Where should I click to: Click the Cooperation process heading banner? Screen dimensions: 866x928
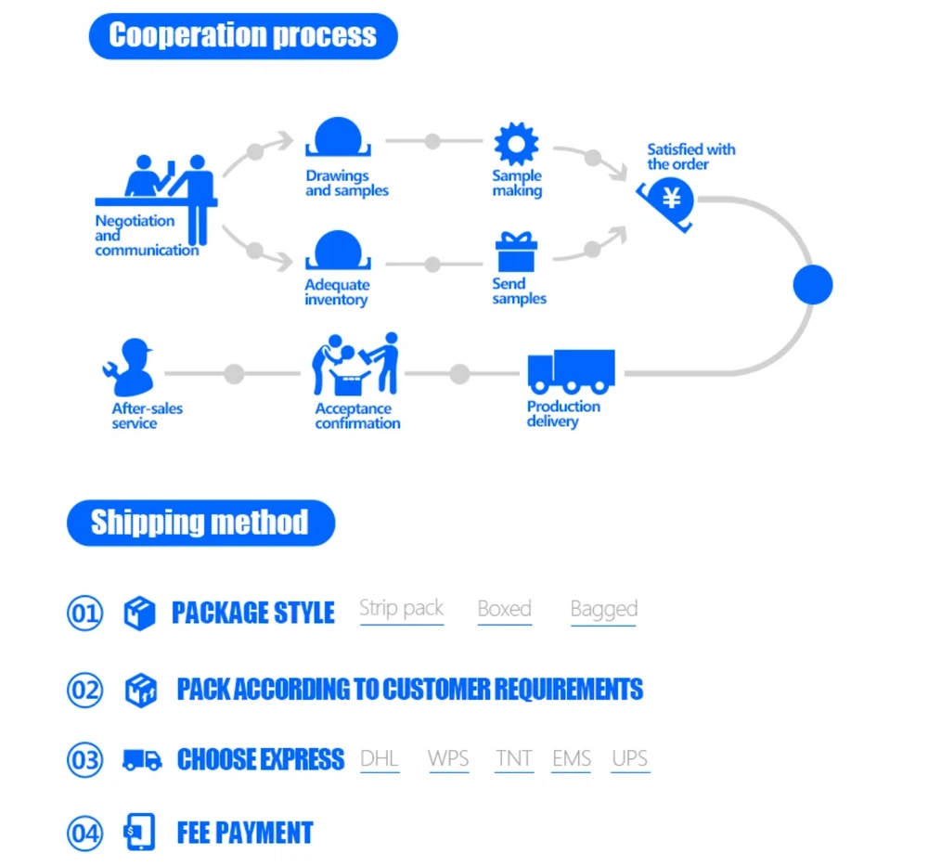pyautogui.click(x=243, y=36)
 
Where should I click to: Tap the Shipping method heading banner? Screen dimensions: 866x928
pyautogui.click(x=200, y=523)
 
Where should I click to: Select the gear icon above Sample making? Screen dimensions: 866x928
pyautogui.click(x=516, y=144)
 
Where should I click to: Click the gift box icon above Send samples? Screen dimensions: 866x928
pyautogui.click(x=516, y=252)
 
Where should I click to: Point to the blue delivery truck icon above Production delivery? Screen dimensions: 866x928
pyautogui.click(x=571, y=370)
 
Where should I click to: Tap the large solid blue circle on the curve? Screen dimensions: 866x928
pyautogui.click(x=813, y=284)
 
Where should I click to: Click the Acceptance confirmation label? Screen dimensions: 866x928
pyautogui.click(x=357, y=416)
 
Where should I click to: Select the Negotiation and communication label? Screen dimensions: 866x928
pyautogui.click(x=147, y=236)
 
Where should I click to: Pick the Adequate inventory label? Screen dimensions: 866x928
pyautogui.click(x=337, y=292)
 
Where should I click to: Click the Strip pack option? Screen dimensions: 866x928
pyautogui.click(x=401, y=609)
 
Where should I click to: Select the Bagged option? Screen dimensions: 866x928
pyautogui.click(x=603, y=610)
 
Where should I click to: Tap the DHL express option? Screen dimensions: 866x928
pyautogui.click(x=380, y=758)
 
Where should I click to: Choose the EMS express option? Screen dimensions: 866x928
pyautogui.click(x=571, y=758)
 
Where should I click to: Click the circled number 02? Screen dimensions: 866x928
pyautogui.click(x=84, y=690)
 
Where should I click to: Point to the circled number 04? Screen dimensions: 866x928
pyautogui.click(x=84, y=833)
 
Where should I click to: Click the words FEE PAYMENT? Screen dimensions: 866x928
pyautogui.click(x=245, y=833)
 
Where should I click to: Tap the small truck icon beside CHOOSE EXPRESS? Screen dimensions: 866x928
pyautogui.click(x=141, y=759)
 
